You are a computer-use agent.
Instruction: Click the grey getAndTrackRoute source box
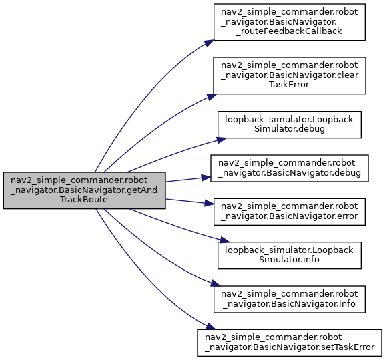coord(85,190)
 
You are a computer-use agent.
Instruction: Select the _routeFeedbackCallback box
coord(290,22)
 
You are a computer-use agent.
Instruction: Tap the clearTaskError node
coord(290,75)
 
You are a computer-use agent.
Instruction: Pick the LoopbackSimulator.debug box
coord(290,125)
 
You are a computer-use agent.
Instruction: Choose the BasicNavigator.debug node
coord(290,168)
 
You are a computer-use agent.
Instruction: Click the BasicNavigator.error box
coord(290,212)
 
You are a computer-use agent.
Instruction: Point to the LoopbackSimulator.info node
coord(290,256)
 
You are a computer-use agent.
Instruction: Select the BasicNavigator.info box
coord(290,299)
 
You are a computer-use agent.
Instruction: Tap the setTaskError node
coord(290,343)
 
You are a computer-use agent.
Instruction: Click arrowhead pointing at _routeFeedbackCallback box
coord(209,43)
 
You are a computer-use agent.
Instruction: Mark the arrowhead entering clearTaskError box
coord(211,97)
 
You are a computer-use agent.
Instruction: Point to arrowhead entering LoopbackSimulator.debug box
coord(221,140)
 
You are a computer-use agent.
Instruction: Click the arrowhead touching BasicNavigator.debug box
coord(206,178)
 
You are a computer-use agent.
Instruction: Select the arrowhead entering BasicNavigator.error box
coord(209,204)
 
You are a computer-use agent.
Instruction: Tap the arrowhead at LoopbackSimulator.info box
coord(224,240)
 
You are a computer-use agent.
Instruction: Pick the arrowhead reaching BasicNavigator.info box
coord(216,283)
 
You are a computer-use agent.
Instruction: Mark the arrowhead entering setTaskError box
coord(211,327)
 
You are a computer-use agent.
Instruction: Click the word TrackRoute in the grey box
coord(84,200)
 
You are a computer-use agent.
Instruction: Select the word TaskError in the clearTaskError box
coord(289,85)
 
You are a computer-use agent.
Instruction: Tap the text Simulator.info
coord(289,260)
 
